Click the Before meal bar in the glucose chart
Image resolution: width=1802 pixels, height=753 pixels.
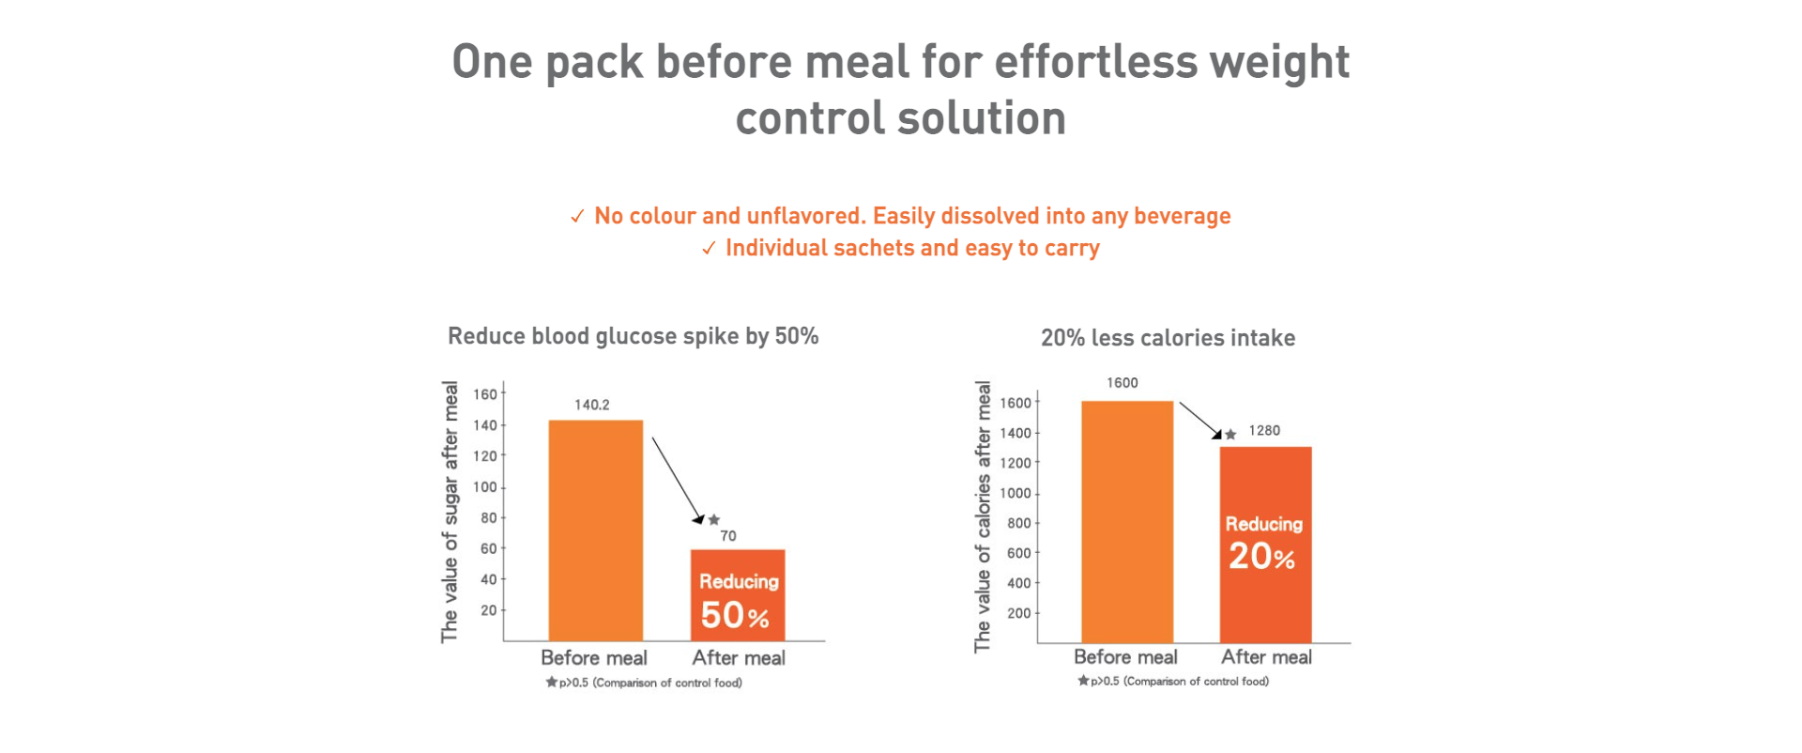(595, 530)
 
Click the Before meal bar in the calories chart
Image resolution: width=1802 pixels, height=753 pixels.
(1127, 521)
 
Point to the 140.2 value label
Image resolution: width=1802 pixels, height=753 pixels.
(592, 405)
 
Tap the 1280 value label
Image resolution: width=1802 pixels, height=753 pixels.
(1264, 431)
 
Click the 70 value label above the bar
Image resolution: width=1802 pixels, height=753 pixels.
(728, 536)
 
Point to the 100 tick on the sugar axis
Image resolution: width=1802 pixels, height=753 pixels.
(485, 487)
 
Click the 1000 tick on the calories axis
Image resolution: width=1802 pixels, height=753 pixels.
(1015, 493)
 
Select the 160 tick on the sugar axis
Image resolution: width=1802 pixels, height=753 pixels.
(485, 394)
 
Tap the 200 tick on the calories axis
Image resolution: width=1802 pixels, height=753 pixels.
(1018, 613)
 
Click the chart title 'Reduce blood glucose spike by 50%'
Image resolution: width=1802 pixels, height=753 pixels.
(633, 336)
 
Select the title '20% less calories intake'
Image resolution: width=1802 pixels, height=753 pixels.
(1168, 338)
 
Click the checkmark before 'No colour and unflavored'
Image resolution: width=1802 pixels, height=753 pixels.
(577, 217)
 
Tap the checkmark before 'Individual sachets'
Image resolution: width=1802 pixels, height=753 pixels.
(709, 249)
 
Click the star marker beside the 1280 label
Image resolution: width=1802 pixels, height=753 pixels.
(1230, 434)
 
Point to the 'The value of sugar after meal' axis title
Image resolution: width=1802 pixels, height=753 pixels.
(450, 512)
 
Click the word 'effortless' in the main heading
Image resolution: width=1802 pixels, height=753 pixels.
(1095, 62)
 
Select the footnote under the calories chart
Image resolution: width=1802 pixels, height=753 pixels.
(1173, 682)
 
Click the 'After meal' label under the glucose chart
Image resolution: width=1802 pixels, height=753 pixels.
(739, 658)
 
